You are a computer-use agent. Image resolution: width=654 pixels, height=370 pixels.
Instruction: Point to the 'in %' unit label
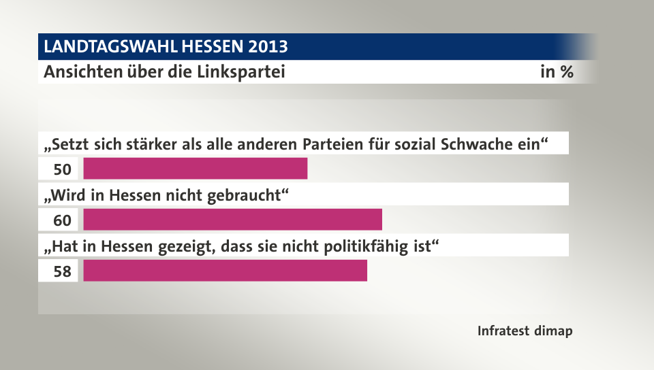556,71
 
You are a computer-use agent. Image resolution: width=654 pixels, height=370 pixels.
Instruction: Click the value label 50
62,169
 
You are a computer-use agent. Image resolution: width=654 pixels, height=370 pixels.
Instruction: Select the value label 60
62,220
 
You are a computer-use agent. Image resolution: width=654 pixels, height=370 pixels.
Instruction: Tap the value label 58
62,271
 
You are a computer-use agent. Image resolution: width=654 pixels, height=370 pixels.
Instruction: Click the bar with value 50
195,169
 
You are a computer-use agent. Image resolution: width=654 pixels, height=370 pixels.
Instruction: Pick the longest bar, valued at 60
232,220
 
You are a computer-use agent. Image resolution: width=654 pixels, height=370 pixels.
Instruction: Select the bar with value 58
225,271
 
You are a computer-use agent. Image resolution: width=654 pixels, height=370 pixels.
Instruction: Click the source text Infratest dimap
525,331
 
